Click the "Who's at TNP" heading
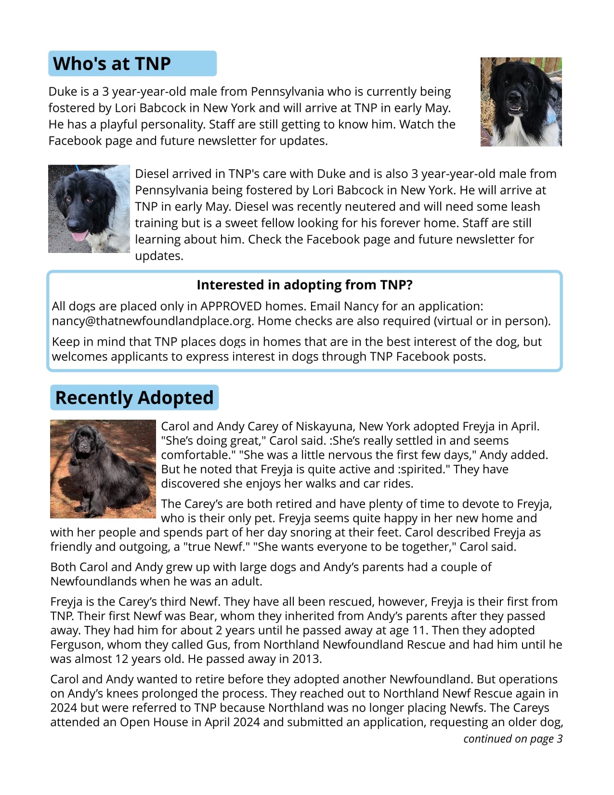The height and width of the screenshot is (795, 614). [x=112, y=64]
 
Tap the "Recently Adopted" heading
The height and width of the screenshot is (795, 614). [x=134, y=397]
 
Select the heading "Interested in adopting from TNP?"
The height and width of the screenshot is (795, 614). [x=304, y=285]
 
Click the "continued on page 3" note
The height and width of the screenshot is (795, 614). [x=512, y=739]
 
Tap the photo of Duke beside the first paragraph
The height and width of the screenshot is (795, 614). [x=521, y=102]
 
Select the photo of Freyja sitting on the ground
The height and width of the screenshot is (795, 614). [x=103, y=469]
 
